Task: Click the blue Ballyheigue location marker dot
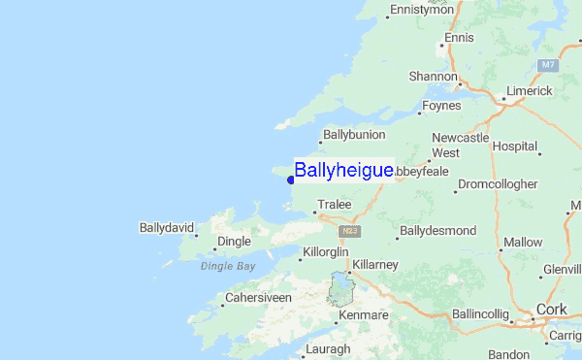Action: tap(291, 180)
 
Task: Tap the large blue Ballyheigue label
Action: tap(343, 171)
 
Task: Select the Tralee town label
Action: tap(333, 205)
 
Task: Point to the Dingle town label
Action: tap(234, 241)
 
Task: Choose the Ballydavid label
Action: tap(166, 229)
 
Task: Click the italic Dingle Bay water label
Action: tap(228, 265)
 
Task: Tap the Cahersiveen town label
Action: tap(258, 297)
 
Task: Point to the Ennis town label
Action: tap(458, 38)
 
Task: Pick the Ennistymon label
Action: tap(421, 10)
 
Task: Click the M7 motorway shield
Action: tap(549, 65)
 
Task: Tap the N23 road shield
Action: tap(350, 232)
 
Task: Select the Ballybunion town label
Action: tap(354, 134)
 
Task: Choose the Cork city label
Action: tap(551, 310)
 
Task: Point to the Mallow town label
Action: tap(523, 242)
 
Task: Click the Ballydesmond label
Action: tap(437, 231)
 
